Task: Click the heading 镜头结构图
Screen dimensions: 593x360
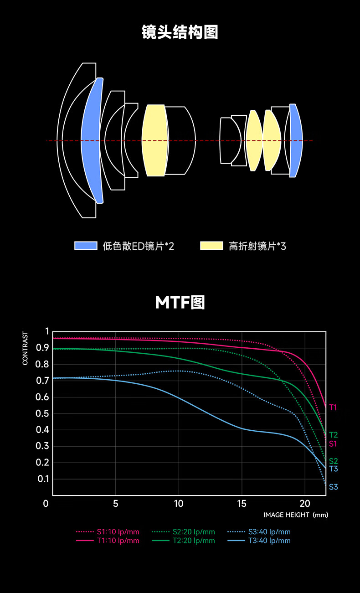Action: (x=180, y=32)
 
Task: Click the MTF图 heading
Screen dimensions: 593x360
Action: (x=180, y=302)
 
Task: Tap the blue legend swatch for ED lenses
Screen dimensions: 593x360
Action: (x=86, y=246)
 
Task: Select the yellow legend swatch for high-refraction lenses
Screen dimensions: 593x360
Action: (x=212, y=246)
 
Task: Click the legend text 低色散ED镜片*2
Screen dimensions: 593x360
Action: (x=139, y=247)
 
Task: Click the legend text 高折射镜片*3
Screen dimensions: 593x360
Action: (x=257, y=247)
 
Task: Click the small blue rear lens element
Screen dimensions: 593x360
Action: (x=296, y=140)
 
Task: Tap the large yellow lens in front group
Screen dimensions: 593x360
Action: (x=154, y=140)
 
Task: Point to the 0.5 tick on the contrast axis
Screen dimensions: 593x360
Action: (x=42, y=413)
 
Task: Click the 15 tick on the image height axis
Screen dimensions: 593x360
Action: (x=242, y=504)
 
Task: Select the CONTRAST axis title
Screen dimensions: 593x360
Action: (x=26, y=349)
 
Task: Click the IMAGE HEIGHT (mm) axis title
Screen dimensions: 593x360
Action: (x=296, y=515)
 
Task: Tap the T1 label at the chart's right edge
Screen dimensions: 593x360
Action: (x=333, y=407)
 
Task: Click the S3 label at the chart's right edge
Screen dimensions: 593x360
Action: (x=333, y=487)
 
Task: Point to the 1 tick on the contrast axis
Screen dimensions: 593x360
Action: (x=46, y=331)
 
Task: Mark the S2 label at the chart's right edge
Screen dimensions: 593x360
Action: (x=333, y=461)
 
